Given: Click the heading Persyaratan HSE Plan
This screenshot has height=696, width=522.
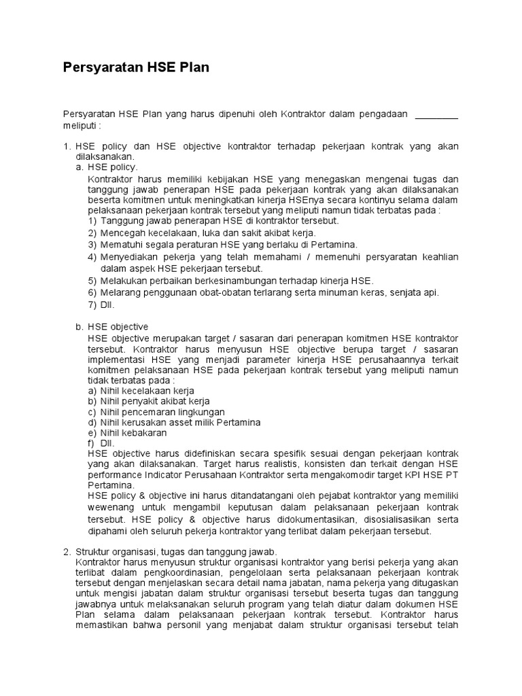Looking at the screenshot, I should (x=136, y=68).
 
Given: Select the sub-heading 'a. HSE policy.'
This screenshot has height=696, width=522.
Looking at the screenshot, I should (x=107, y=167).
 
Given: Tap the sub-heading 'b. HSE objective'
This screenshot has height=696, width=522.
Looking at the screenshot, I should (x=112, y=327).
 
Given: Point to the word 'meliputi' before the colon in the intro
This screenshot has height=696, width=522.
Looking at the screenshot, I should (x=79, y=126).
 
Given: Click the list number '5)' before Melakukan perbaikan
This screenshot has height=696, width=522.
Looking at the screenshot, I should (x=92, y=281).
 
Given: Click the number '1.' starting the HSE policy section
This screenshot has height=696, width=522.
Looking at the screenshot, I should (x=67, y=146).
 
